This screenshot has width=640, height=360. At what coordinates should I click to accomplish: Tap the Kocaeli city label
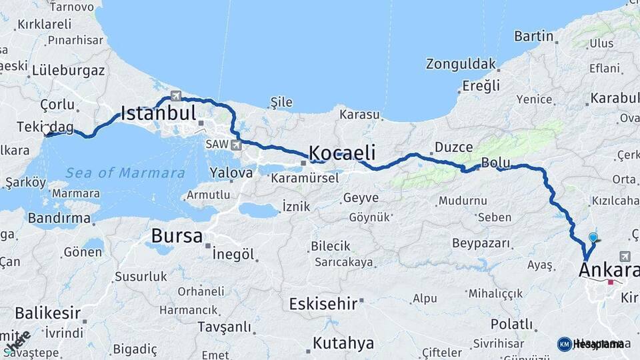tap(343, 151)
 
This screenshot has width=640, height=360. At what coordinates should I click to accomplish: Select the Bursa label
tap(177, 235)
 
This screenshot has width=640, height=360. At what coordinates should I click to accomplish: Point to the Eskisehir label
tap(323, 304)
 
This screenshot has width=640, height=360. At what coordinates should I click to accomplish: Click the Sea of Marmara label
tap(125, 173)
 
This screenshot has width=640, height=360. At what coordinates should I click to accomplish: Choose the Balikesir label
tap(48, 313)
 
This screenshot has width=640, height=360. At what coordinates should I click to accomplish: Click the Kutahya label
tap(343, 343)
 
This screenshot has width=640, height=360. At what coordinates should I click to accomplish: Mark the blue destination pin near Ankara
tap(593, 237)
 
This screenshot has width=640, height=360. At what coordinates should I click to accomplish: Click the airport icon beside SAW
tap(236, 144)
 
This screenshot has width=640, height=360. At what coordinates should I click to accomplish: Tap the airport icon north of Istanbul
tap(176, 95)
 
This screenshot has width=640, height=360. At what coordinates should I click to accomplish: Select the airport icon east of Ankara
tap(625, 256)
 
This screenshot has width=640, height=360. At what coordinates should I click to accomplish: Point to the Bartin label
tap(534, 36)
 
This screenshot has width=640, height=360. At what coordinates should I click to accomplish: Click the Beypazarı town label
tap(481, 243)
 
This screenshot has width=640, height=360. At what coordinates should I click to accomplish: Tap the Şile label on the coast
tap(281, 102)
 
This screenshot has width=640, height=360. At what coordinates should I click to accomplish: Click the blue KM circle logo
tap(564, 344)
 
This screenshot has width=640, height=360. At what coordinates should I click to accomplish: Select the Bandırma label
tap(59, 218)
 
